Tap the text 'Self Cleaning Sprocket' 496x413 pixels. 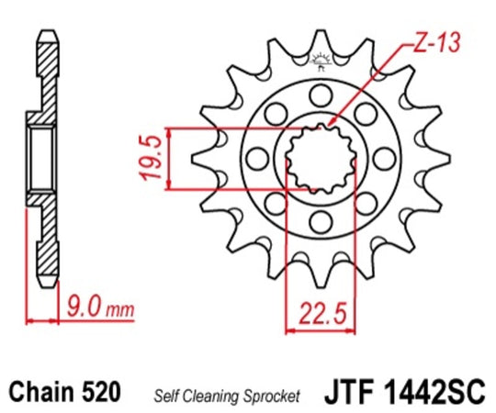[226, 396]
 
